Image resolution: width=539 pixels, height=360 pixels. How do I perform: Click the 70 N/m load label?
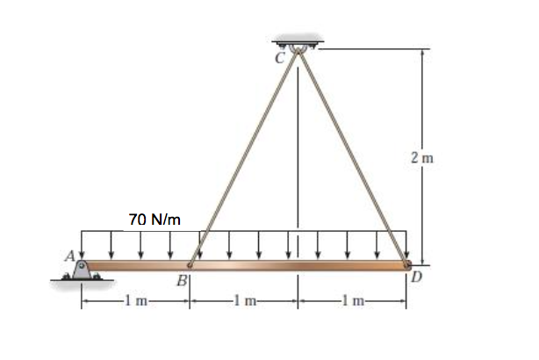pos(155,219)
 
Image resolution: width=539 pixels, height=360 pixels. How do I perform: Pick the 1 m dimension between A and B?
pos(135,304)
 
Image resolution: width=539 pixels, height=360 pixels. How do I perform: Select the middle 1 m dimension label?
pos(243,304)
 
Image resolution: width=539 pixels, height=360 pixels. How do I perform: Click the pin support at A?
pos(82,269)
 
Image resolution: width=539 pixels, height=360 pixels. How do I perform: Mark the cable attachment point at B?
pos(191,263)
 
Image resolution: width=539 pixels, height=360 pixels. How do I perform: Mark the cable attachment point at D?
pos(406,263)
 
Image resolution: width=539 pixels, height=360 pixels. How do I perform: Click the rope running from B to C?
pos(244,158)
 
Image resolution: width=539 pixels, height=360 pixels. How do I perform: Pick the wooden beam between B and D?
pos(298,264)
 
